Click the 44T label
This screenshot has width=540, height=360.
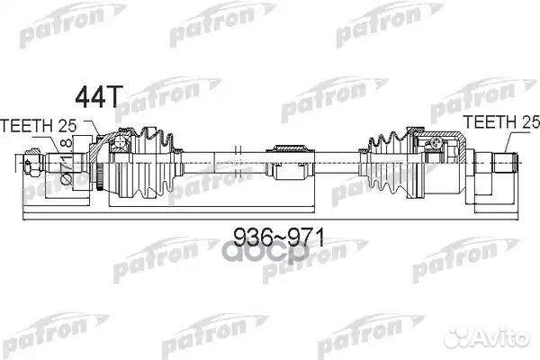pos(98,97)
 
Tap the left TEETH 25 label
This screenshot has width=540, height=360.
pos(38,126)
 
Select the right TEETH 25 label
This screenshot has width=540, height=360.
pos(501,122)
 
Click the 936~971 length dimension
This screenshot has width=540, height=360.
pos(279,238)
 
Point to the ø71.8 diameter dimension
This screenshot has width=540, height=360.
pos(67,162)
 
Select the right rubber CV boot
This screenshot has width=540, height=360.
pos(387,163)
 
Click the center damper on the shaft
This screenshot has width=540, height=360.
pos(290,162)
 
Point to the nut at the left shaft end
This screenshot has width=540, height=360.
pos(33,162)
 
